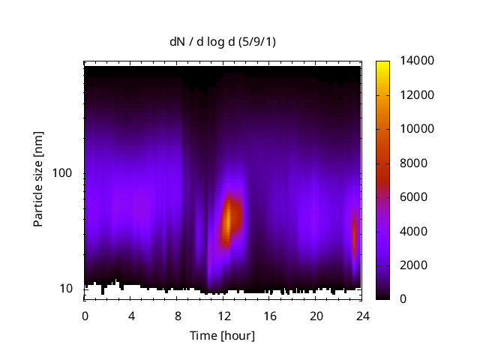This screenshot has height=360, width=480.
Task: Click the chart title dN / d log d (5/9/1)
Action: click(x=223, y=43)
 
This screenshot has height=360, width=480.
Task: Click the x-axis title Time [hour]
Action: click(x=223, y=335)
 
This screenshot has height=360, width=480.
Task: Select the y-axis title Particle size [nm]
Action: click(x=38, y=181)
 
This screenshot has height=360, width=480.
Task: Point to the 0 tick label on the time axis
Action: click(x=85, y=316)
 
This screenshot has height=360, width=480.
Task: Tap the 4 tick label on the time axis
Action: click(x=131, y=316)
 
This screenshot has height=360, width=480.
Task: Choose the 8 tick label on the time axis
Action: click(x=178, y=316)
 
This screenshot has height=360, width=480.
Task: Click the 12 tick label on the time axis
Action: click(x=223, y=316)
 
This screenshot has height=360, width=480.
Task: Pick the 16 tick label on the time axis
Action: click(x=270, y=316)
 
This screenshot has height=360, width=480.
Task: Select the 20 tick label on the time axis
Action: click(x=316, y=316)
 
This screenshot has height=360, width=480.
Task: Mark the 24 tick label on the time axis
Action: click(x=363, y=316)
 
